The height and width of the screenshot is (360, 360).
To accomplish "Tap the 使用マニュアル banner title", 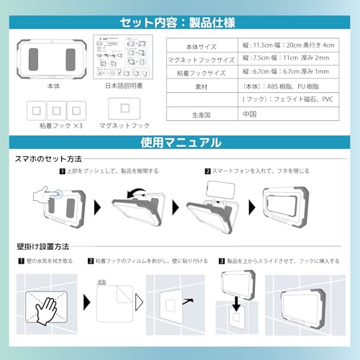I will tap(180, 143).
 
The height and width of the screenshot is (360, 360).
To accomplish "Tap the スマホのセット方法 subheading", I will tap(48, 158).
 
